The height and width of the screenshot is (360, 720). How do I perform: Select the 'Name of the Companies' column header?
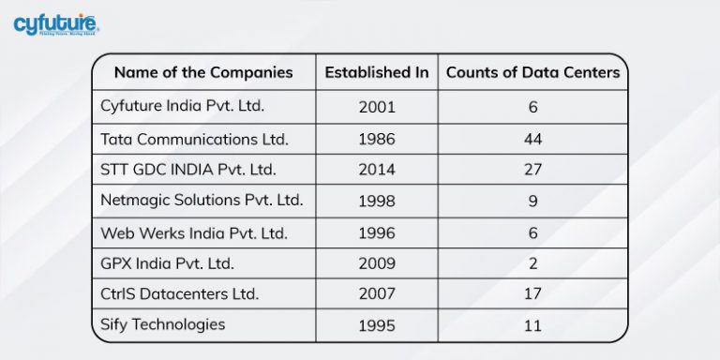click(203, 72)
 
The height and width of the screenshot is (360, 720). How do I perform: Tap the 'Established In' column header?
click(377, 72)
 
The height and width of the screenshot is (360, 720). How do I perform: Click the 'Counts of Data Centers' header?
click(532, 72)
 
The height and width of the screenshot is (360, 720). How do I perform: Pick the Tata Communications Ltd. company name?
click(194, 139)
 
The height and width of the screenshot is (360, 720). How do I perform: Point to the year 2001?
click(377, 107)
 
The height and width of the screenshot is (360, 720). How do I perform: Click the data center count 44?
click(532, 140)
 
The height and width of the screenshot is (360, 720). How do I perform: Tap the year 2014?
click(377, 171)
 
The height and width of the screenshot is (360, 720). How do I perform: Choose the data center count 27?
click(532, 171)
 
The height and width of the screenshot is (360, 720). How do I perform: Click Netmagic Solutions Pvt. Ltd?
click(202, 201)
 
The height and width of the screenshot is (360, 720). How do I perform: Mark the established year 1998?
click(377, 202)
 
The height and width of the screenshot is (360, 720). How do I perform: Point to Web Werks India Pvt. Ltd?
click(194, 232)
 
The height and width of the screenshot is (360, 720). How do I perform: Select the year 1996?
click(377, 232)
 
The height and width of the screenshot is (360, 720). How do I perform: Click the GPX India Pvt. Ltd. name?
click(168, 262)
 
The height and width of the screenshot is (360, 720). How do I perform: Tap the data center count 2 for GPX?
click(532, 263)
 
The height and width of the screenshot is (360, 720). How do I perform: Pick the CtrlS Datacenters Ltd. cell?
click(179, 293)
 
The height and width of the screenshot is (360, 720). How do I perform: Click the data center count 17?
click(532, 294)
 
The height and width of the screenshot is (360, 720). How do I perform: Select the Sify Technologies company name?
click(162, 324)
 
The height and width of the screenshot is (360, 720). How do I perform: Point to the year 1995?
click(377, 325)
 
